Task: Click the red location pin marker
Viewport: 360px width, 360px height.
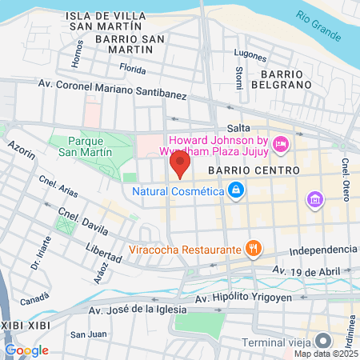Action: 180,166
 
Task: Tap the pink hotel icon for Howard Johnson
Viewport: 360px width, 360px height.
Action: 280,144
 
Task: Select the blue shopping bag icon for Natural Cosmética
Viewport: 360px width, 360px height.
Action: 235,190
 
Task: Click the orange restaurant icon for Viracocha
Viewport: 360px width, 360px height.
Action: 253,248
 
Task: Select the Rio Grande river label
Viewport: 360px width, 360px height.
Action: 318,24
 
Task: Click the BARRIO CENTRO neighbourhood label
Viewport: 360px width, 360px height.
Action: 254,171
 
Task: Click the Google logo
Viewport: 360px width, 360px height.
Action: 26,350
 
